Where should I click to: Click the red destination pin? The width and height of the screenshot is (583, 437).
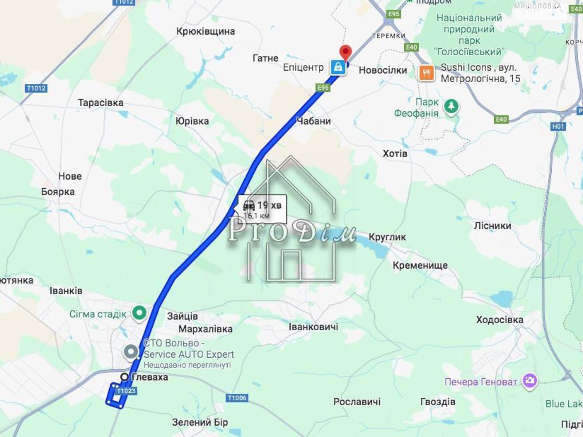click(x=345, y=52)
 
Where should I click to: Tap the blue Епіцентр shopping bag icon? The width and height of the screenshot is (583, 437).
click(x=338, y=67)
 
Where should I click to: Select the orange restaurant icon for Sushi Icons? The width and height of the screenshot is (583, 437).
click(x=426, y=73)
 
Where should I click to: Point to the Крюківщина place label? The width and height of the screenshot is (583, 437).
click(x=206, y=31)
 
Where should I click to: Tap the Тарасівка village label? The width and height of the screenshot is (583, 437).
click(x=101, y=103)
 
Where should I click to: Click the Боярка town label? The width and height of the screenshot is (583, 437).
click(x=58, y=192)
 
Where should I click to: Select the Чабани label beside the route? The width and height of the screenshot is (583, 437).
click(x=313, y=121)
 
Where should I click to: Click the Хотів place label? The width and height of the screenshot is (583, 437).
click(x=395, y=154)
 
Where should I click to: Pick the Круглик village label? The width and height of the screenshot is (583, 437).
click(x=387, y=237)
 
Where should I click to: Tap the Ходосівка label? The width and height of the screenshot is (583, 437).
click(x=500, y=320)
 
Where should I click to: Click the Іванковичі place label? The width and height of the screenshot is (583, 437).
click(x=313, y=327)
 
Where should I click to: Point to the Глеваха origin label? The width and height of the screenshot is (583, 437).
click(x=150, y=377)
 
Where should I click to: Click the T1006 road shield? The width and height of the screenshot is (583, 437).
click(x=237, y=398)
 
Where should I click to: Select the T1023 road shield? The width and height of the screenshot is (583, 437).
click(x=126, y=391)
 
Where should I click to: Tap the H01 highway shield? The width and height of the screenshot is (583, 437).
click(x=558, y=126)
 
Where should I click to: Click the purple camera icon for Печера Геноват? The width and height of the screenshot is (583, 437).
click(x=529, y=381)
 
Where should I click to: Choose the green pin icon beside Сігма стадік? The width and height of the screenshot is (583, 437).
click(x=139, y=313)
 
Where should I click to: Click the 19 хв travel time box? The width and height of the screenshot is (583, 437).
click(x=262, y=209)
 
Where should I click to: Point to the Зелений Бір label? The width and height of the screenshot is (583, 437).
click(x=200, y=422)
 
